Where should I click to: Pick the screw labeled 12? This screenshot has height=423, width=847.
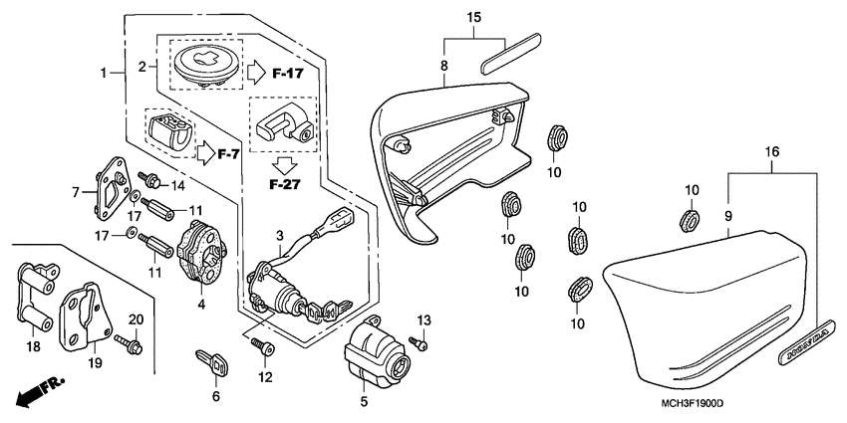click(x=264, y=345)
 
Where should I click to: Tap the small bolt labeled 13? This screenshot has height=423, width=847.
click(x=419, y=343)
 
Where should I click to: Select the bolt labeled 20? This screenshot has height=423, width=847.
click(x=130, y=344)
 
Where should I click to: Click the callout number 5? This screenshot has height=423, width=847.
click(x=364, y=402)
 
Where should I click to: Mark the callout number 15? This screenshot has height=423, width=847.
click(x=474, y=18)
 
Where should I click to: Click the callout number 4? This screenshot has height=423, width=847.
click(x=203, y=304)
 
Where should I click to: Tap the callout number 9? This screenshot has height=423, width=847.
click(x=728, y=215)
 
